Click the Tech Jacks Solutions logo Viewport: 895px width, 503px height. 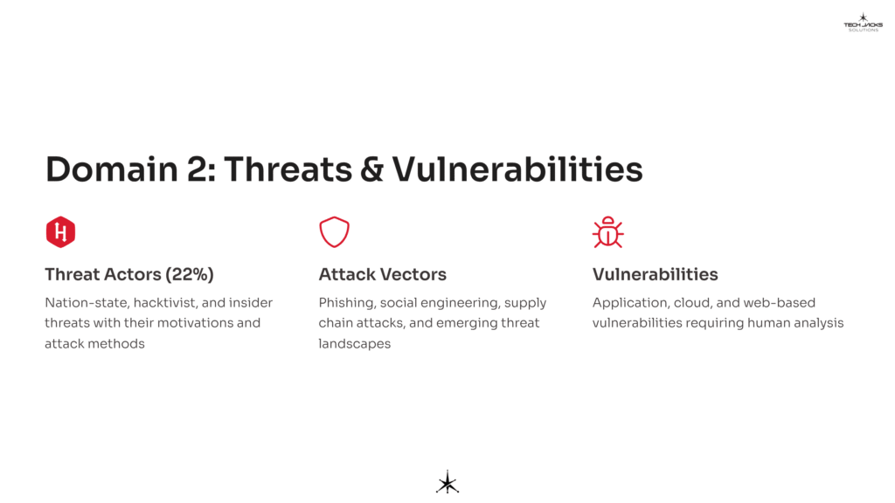pyautogui.click(x=863, y=22)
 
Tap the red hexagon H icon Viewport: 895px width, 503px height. pyautogui.click(x=60, y=232)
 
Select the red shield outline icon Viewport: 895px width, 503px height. pyautogui.click(x=334, y=232)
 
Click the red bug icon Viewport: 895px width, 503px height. pyautogui.click(x=607, y=232)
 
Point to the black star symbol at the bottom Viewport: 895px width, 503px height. pyautogui.click(x=447, y=482)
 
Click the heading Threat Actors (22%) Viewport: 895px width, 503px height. pyautogui.click(x=129, y=274)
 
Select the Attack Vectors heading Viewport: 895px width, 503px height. pyautogui.click(x=382, y=274)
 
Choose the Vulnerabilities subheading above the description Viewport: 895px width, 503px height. pyautogui.click(x=655, y=274)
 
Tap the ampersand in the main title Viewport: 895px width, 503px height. pyautogui.click(x=371, y=169)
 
